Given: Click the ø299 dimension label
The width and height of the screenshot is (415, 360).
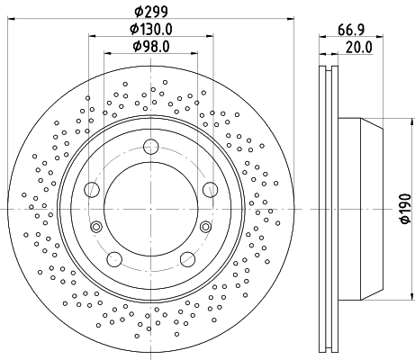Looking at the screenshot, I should pyautogui.click(x=149, y=12).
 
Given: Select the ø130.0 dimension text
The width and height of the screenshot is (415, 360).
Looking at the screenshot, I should pyautogui.click(x=150, y=29).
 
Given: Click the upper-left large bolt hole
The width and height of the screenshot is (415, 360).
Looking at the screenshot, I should pyautogui.click(x=92, y=189).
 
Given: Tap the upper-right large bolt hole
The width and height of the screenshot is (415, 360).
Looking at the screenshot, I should pyautogui.click(x=210, y=189).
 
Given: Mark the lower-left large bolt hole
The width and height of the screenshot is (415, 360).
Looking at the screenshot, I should pyautogui.click(x=113, y=259).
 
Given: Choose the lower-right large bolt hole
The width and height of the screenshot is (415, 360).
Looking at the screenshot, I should pyautogui.click(x=187, y=259).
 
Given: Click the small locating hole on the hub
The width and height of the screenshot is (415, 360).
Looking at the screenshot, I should pyautogui.click(x=95, y=226).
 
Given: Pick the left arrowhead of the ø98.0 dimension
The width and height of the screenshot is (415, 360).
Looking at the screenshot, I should pyautogui.click(x=107, y=53).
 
